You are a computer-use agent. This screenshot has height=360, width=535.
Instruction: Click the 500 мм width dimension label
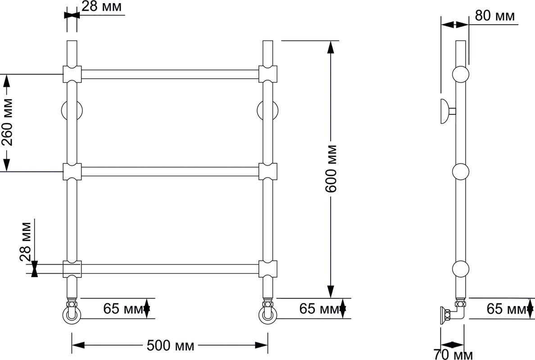[170, 345]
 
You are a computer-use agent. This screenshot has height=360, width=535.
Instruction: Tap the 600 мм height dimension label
[331, 169]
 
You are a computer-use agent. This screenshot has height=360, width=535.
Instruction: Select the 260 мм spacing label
[7, 122]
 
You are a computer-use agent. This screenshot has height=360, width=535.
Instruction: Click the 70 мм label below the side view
[453, 355]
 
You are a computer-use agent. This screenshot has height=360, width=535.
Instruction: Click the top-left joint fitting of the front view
[72, 74]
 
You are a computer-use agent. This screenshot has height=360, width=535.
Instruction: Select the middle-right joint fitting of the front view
[268, 171]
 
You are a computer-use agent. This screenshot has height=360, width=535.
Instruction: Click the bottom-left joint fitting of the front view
[72, 269]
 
